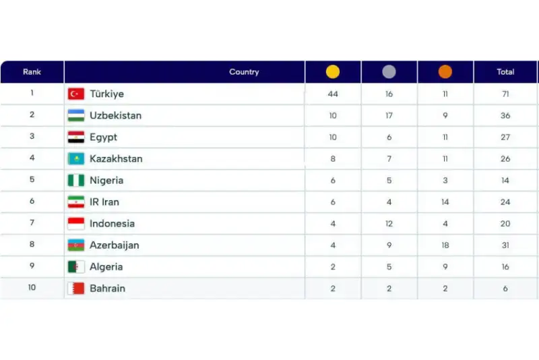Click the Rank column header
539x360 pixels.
tap(32, 72)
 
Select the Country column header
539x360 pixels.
tap(244, 72)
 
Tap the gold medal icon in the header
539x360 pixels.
tap(333, 72)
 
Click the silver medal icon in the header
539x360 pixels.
tap(389, 72)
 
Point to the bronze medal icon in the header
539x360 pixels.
tap(445, 72)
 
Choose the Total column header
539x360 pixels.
tap(505, 72)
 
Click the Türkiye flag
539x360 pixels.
tap(76, 94)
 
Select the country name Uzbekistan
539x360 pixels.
tap(115, 115)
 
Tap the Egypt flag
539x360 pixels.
tap(76, 137)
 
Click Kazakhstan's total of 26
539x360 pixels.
tap(505, 159)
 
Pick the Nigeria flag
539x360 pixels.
tap(76, 181)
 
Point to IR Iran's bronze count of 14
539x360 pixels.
tap(445, 202)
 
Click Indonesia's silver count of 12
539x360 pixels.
tap(389, 224)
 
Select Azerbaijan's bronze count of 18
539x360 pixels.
tap(445, 245)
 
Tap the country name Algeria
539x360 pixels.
tap(106, 267)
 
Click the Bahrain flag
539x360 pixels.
tap(76, 289)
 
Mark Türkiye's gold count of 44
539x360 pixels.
tap(333, 94)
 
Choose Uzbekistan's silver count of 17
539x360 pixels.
tap(389, 115)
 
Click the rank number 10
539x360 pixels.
tap(32, 288)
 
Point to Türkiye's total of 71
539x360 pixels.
tap(505, 94)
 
